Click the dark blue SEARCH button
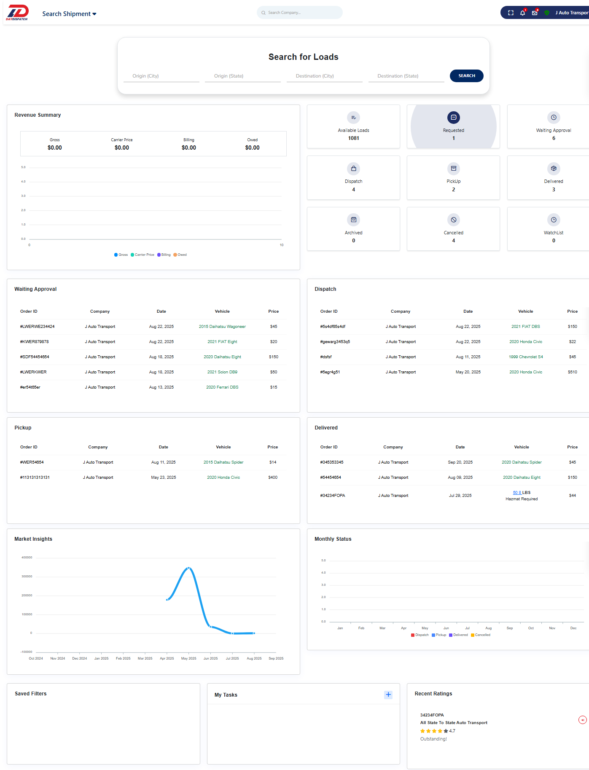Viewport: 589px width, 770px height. coord(466,76)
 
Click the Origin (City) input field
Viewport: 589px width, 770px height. coord(161,76)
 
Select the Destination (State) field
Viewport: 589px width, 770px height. coord(406,76)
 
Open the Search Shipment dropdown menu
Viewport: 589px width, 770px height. coord(69,14)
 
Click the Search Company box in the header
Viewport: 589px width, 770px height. coord(299,13)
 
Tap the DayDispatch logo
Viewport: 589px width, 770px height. coord(18,13)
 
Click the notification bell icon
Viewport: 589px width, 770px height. coord(522,13)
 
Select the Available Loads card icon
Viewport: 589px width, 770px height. coord(353,118)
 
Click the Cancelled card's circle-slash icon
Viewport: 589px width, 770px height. coord(453,220)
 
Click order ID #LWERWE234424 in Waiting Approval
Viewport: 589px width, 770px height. coord(38,327)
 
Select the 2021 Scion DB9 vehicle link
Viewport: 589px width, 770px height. coord(222,372)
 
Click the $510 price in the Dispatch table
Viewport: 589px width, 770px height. coord(572,372)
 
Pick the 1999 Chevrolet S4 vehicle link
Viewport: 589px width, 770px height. coord(525,357)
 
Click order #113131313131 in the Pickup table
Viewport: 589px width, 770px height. coord(35,478)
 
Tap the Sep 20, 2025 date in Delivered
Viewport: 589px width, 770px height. coord(460,462)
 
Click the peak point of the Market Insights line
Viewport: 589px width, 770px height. coord(189,568)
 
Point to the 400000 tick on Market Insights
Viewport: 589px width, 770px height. coord(27,558)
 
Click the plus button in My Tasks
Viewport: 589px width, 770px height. coord(388,695)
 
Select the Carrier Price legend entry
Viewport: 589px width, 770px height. coord(143,255)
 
